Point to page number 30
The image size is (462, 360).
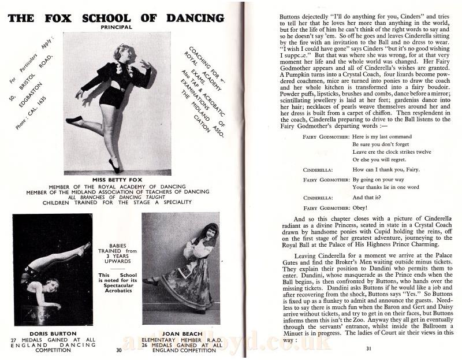point(117,349)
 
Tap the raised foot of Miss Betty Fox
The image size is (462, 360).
point(73,120)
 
